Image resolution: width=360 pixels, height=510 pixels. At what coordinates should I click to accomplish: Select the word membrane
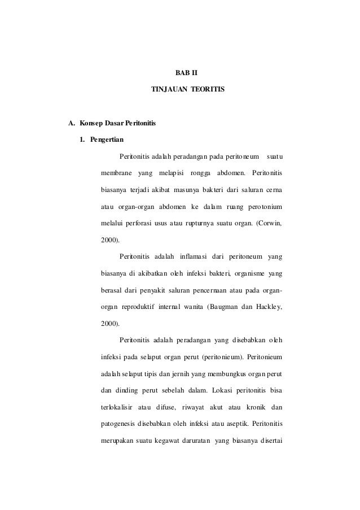point(116,172)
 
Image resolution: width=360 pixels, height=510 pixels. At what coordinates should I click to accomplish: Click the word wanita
point(191,307)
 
